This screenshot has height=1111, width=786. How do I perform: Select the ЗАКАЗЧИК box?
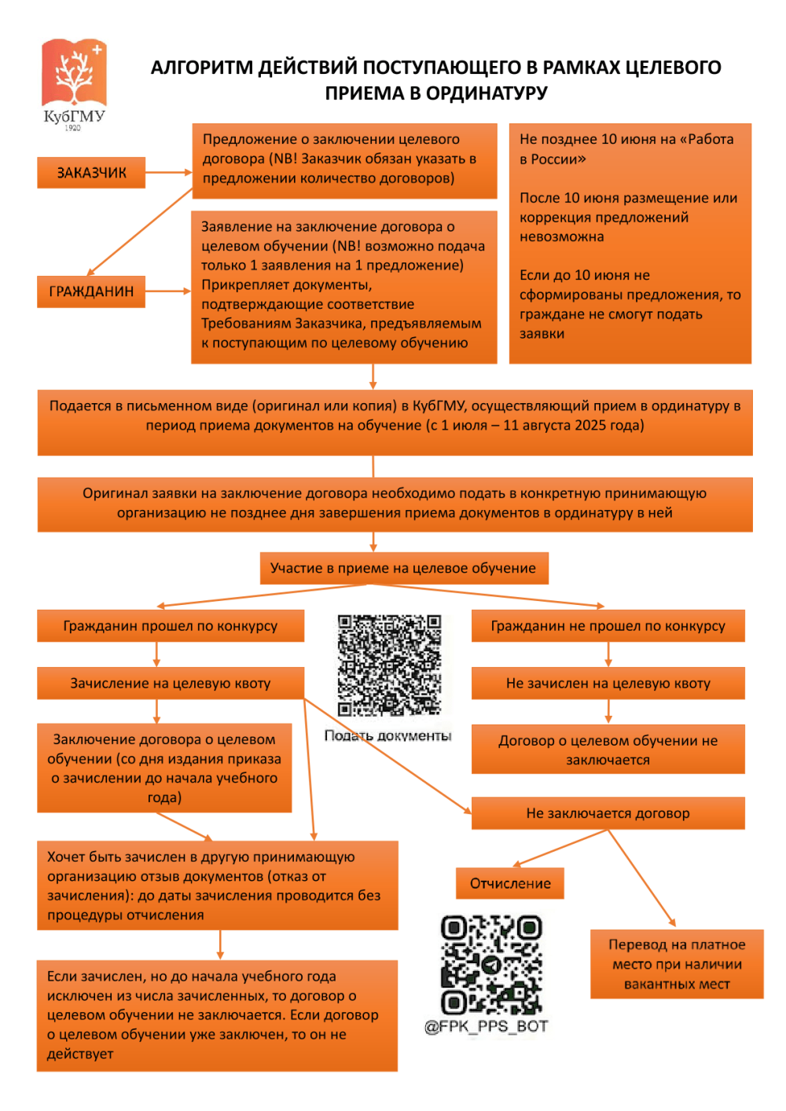[x=91, y=173]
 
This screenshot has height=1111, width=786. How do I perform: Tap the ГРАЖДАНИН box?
[x=91, y=291]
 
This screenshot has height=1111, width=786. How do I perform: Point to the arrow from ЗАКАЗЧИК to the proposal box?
[x=168, y=172]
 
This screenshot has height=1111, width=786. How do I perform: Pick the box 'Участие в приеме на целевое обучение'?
[x=403, y=568]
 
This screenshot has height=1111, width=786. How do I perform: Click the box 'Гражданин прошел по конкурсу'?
[x=171, y=626]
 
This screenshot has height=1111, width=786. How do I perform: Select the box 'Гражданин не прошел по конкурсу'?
[x=608, y=626]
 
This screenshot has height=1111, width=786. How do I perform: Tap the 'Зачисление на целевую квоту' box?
[x=171, y=684]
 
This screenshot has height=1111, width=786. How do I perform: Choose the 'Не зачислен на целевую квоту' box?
[x=608, y=684]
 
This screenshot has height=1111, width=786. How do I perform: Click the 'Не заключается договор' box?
[x=608, y=813]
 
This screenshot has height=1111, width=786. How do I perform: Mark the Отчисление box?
[x=510, y=884]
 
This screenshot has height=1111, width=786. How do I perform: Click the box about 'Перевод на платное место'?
[x=677, y=964]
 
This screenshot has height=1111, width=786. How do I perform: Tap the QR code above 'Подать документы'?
[x=389, y=665]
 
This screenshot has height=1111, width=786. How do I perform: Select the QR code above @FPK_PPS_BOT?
[x=491, y=965]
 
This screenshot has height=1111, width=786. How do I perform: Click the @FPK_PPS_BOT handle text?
[x=486, y=1026]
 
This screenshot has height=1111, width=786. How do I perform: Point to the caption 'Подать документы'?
[x=388, y=735]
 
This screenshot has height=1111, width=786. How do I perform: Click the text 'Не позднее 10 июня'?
[x=582, y=139]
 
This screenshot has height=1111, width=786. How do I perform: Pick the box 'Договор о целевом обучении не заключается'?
[x=608, y=750]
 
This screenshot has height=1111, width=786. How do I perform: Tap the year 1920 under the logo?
[x=73, y=127]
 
